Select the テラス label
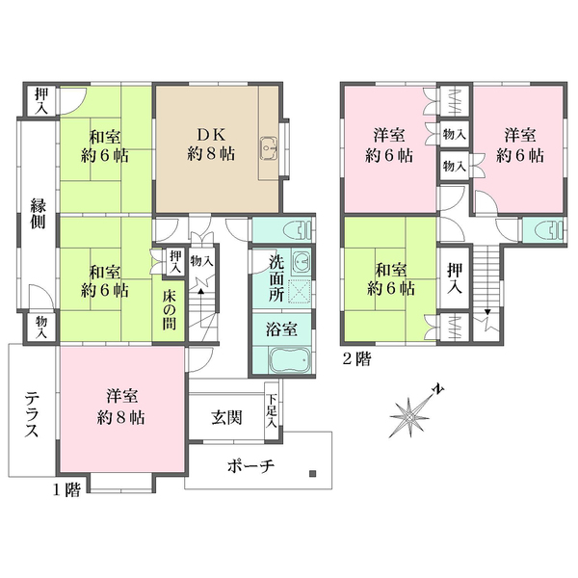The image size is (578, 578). [x=32, y=411]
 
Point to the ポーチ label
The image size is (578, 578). [x=252, y=465]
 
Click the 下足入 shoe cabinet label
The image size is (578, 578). [x=273, y=408]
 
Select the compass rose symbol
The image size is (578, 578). [x=410, y=414]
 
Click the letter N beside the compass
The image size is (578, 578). [x=437, y=388]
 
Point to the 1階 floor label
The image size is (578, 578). [x=66, y=489]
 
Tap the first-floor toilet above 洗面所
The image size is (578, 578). [x=300, y=231]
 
